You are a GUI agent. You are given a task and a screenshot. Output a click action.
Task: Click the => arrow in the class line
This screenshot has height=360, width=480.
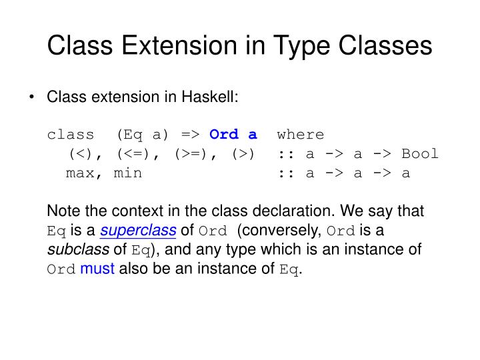190,135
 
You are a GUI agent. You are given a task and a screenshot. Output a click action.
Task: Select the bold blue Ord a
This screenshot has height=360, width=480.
233,135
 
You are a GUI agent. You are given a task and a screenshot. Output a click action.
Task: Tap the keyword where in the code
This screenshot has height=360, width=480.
301,135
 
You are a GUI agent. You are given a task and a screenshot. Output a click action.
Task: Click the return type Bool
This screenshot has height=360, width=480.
420,154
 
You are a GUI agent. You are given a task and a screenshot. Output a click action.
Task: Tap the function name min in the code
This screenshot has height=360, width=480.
127,173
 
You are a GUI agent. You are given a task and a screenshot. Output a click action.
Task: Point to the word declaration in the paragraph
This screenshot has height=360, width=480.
297,211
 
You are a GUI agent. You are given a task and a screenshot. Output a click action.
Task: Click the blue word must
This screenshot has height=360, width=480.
97,269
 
